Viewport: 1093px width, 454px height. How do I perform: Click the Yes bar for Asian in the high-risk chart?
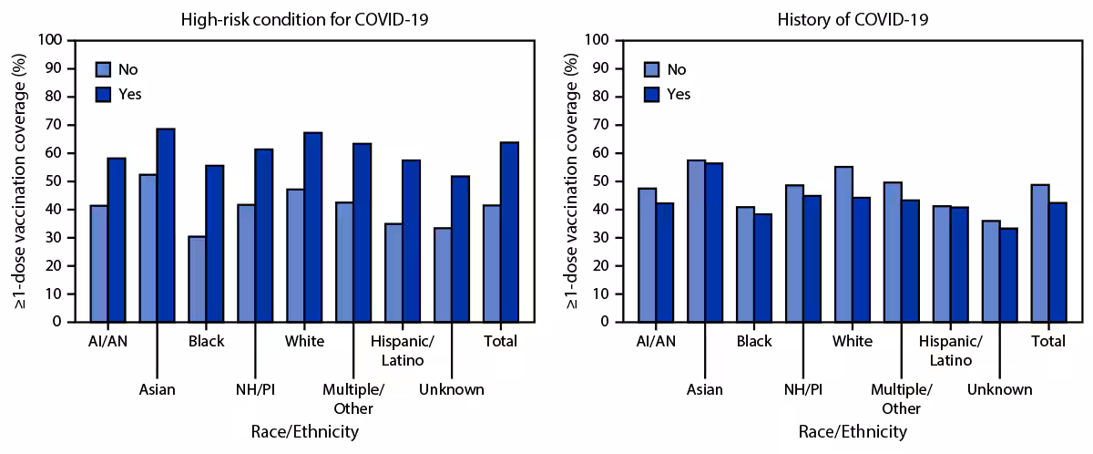(x=165, y=225)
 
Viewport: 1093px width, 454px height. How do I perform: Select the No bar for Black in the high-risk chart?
(x=197, y=279)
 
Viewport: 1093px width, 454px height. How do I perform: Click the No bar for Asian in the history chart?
(x=696, y=241)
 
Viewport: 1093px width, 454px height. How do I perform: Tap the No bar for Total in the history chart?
(x=1039, y=253)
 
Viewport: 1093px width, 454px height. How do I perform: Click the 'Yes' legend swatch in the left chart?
(x=103, y=94)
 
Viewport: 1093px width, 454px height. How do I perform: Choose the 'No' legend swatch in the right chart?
(x=652, y=69)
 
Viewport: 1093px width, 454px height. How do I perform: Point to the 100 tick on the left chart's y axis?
(x=53, y=40)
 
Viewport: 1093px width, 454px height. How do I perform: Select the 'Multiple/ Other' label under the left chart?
(x=354, y=397)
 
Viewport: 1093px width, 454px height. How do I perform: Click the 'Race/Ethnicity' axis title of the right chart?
(x=852, y=431)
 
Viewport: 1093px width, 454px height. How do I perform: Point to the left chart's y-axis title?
(x=20, y=181)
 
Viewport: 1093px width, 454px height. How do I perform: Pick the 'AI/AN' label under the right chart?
(x=655, y=342)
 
